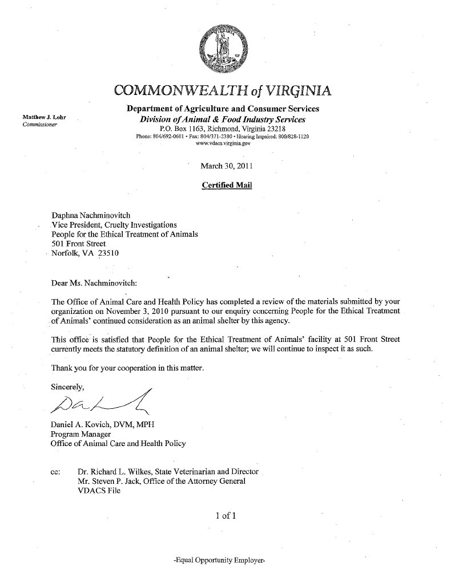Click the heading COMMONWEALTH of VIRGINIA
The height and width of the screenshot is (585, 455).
coord(222,91)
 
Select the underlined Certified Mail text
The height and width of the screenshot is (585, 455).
coord(227,185)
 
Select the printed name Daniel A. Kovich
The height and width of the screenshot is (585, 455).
coord(80,424)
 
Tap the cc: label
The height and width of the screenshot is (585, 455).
coord(57,472)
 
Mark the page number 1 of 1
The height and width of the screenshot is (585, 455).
coord(226,516)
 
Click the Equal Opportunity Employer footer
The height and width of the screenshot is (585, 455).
coord(220,562)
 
